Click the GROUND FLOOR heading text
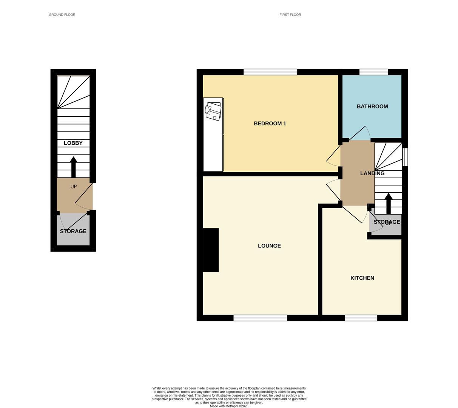[62, 15]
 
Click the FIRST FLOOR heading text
[290, 15]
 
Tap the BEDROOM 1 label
[270, 124]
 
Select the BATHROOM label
[372, 107]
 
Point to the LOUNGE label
[269, 246]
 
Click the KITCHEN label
[362, 278]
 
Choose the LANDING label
[372, 173]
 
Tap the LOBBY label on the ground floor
[73, 143]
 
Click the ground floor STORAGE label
[73, 231]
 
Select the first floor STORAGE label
[387, 222]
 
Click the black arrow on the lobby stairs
[73, 167]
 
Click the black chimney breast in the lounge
[211, 250]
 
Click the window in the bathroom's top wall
[373, 72]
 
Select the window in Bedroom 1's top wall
[270, 72]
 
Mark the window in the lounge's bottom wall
[260, 318]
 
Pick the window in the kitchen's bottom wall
[361, 318]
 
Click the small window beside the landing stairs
[405, 157]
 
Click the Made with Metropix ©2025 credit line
[229, 406]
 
